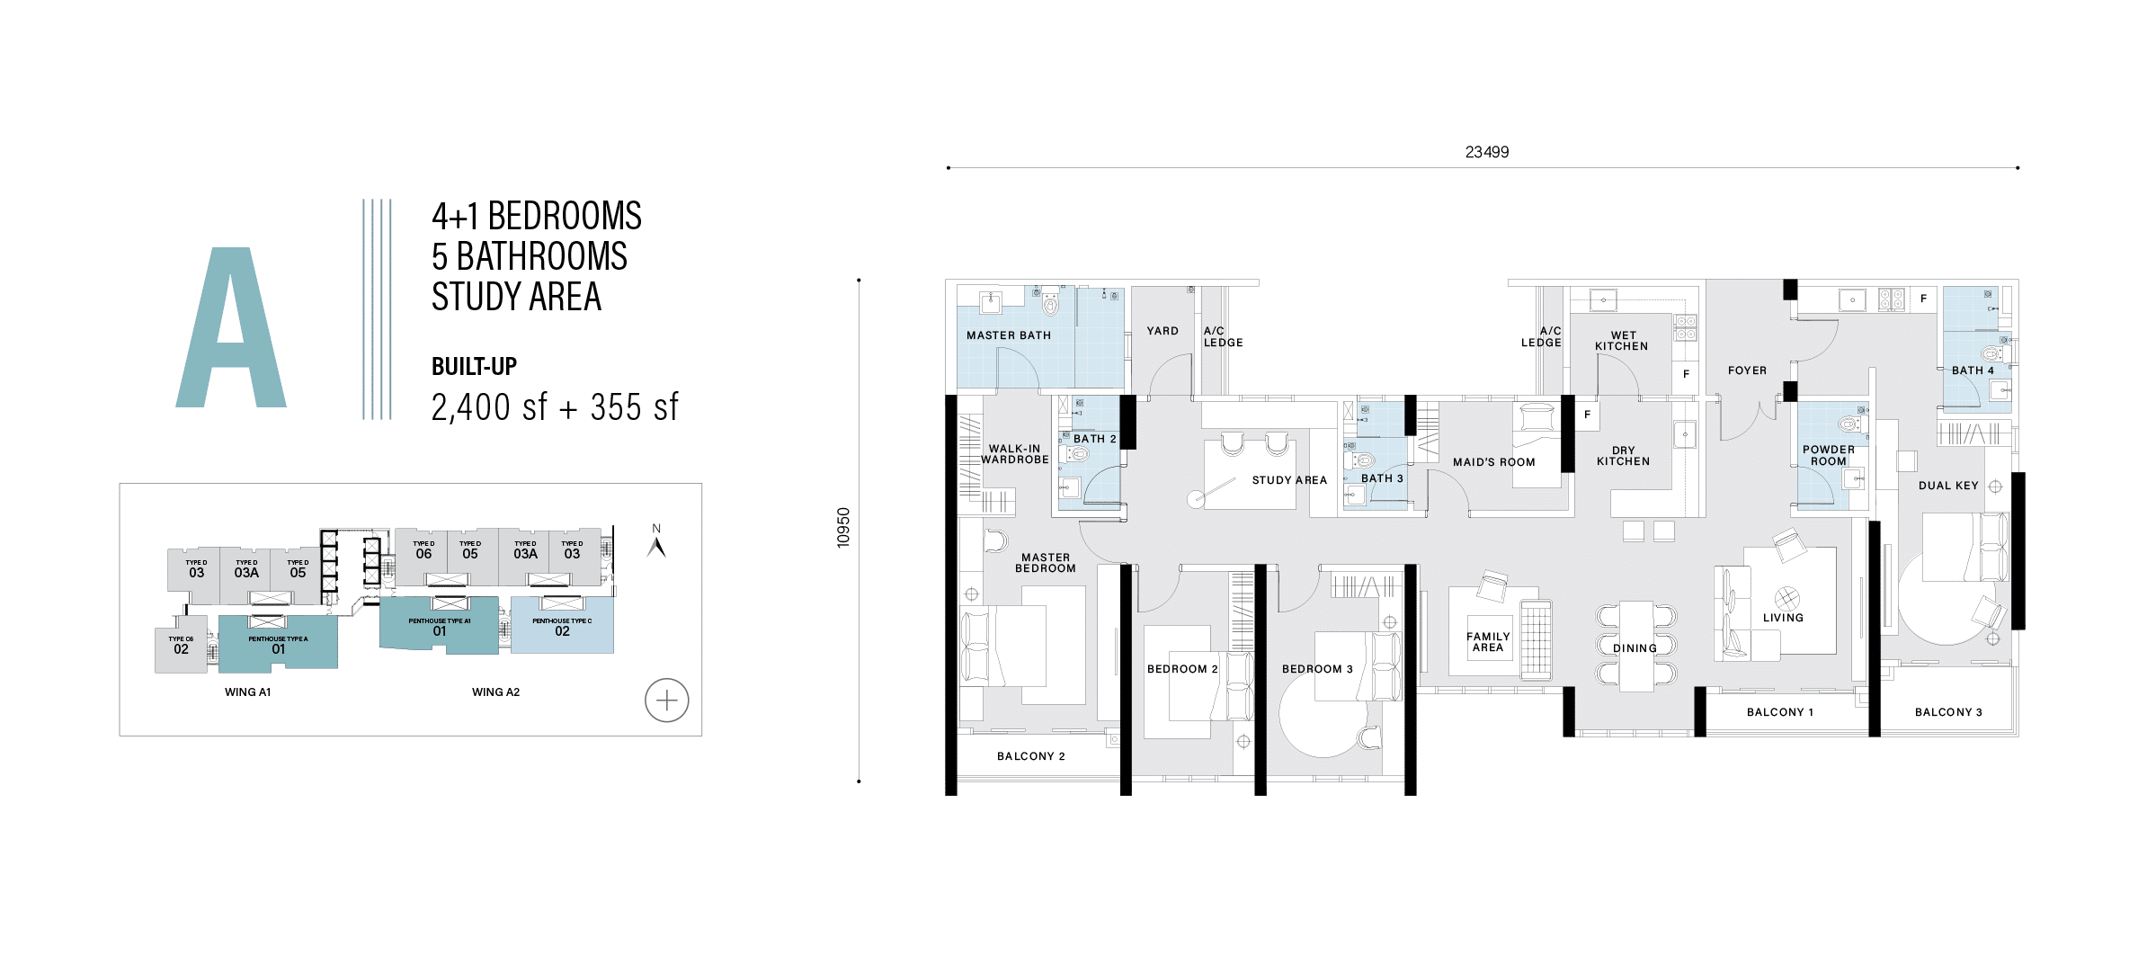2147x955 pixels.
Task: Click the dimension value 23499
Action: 1486,152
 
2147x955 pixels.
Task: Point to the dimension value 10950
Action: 842,528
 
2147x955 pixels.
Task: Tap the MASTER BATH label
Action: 1008,335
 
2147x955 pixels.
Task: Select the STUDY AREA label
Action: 1288,480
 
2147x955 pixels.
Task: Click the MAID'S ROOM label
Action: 1493,462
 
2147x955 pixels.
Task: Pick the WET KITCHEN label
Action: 1622,341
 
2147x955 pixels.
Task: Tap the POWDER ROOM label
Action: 1828,455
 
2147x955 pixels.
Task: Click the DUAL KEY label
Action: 1947,486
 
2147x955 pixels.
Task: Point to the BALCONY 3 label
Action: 1947,712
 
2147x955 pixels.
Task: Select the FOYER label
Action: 1746,370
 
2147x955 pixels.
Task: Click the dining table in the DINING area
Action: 1635,646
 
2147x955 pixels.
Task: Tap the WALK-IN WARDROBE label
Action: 1014,454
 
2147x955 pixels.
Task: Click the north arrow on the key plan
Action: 656,545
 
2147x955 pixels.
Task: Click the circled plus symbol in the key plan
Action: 666,700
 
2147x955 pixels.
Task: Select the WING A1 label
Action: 247,692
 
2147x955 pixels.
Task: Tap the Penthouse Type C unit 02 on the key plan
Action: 562,626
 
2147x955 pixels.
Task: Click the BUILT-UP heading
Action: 474,366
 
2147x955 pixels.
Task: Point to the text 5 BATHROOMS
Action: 529,256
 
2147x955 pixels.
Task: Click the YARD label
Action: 1162,331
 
